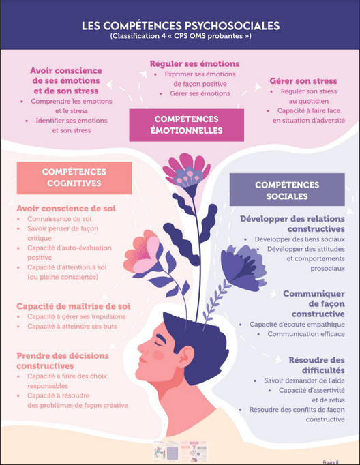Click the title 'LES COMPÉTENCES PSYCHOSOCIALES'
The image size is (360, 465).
click(181, 25)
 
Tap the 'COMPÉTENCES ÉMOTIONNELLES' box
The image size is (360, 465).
click(187, 125)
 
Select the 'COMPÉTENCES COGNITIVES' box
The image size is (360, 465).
click(74, 178)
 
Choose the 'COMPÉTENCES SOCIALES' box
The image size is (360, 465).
click(287, 190)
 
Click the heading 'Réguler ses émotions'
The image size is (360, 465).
click(194, 64)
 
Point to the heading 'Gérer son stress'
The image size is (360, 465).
click(303, 81)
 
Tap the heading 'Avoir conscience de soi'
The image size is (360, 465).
click(66, 209)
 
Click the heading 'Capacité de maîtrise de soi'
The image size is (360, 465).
click(74, 306)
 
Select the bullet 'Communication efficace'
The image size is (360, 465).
click(306, 334)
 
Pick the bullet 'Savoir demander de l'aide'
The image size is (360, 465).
click(304, 380)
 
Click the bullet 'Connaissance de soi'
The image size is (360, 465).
click(59, 219)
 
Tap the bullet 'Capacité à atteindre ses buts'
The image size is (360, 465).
click(72, 326)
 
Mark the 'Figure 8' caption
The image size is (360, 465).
click(331, 462)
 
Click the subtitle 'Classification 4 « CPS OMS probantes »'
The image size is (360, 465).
click(181, 36)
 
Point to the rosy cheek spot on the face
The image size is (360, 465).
click(158, 355)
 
